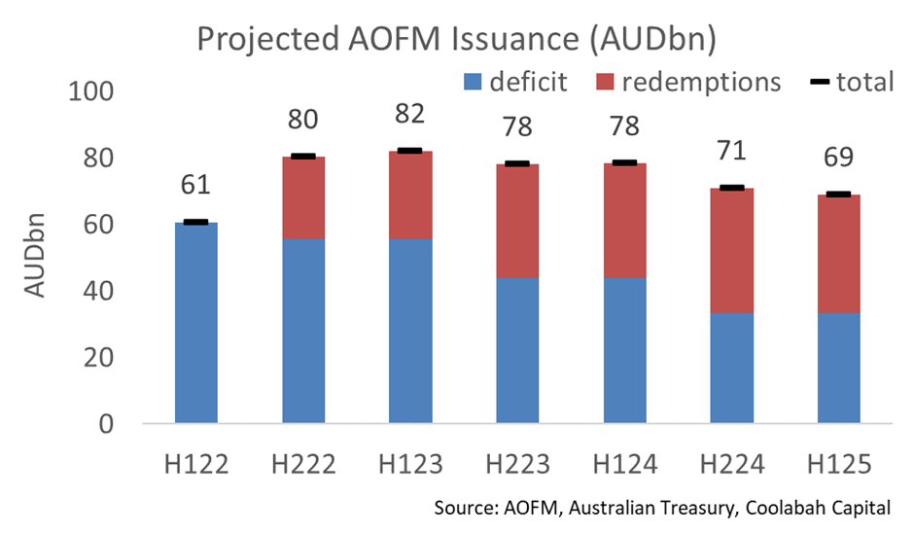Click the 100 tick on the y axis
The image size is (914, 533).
91,91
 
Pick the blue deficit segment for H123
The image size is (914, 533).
410,331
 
